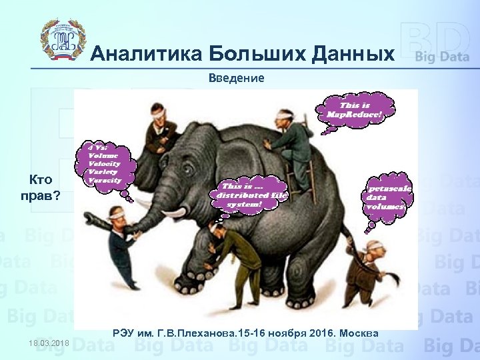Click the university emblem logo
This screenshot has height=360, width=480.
tap(64, 39)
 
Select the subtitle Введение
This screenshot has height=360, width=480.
tap(236, 78)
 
